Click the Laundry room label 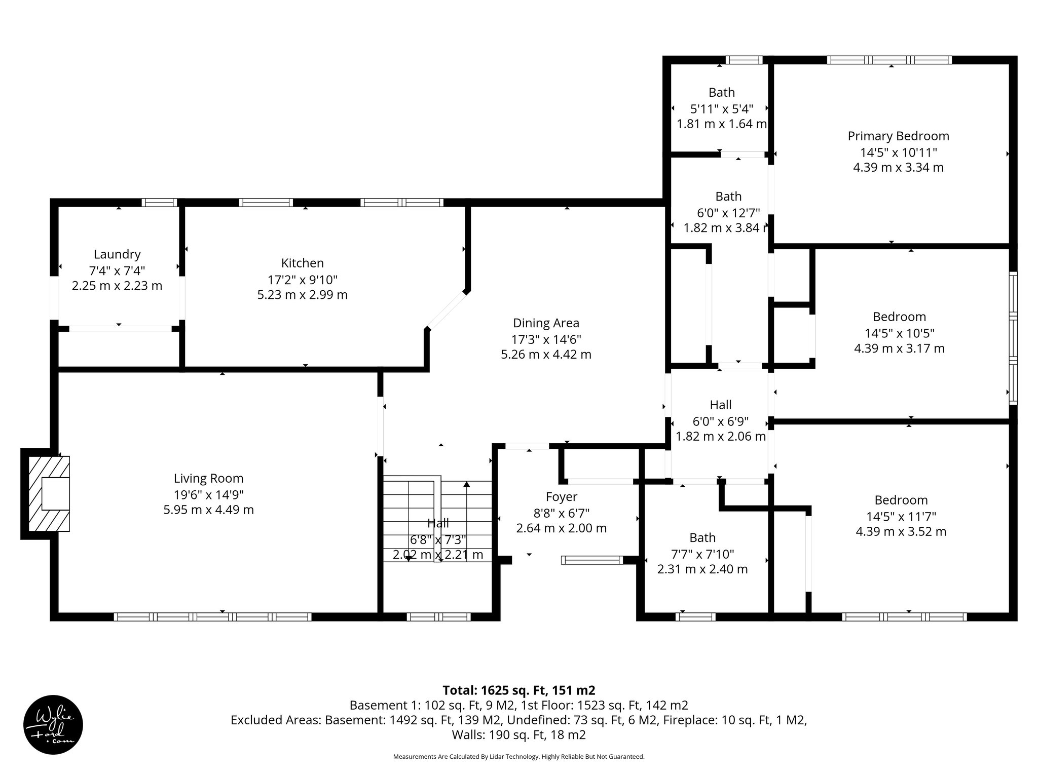pos(117,254)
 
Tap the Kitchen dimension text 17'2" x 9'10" pos(303,279)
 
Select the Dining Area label pos(546,323)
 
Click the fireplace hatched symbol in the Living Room pos(49,494)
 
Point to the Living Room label pos(208,478)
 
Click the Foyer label pos(561,497)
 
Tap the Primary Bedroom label pos(898,136)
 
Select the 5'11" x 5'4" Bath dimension pos(721,108)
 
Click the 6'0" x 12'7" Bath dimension pos(728,212)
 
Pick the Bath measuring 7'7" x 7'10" pos(702,538)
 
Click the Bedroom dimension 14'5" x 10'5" pos(899,333)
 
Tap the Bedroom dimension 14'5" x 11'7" pos(901,516)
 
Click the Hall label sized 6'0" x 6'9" pos(720,405)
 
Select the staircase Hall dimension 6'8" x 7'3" pos(437,539)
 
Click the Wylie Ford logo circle pos(53,725)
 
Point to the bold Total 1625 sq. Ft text pos(518,690)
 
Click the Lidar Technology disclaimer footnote pos(518,757)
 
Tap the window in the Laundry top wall pos(159,203)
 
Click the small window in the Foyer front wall pos(591,560)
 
